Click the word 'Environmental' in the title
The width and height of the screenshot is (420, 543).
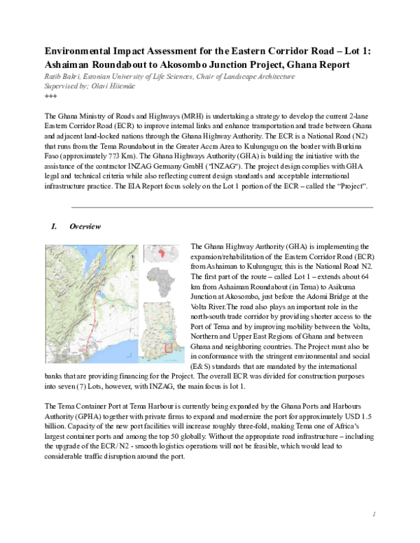[78, 52]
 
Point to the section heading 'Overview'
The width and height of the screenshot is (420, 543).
[85, 227]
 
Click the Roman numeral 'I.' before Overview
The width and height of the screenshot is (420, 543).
[52, 227]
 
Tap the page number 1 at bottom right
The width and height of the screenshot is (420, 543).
[374, 514]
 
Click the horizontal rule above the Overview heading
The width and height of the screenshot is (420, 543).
[222, 207]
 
